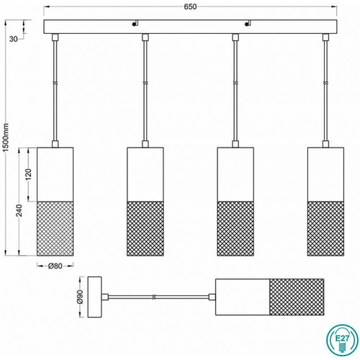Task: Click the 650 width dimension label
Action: [190, 6]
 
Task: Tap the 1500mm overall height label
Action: [6, 138]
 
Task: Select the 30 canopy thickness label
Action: [14, 39]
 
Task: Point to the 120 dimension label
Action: [28, 174]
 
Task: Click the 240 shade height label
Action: [19, 210]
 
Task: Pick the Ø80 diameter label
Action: [55, 266]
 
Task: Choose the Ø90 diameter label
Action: [80, 297]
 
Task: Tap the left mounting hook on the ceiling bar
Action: [135, 23]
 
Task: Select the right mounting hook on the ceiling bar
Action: [248, 23]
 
